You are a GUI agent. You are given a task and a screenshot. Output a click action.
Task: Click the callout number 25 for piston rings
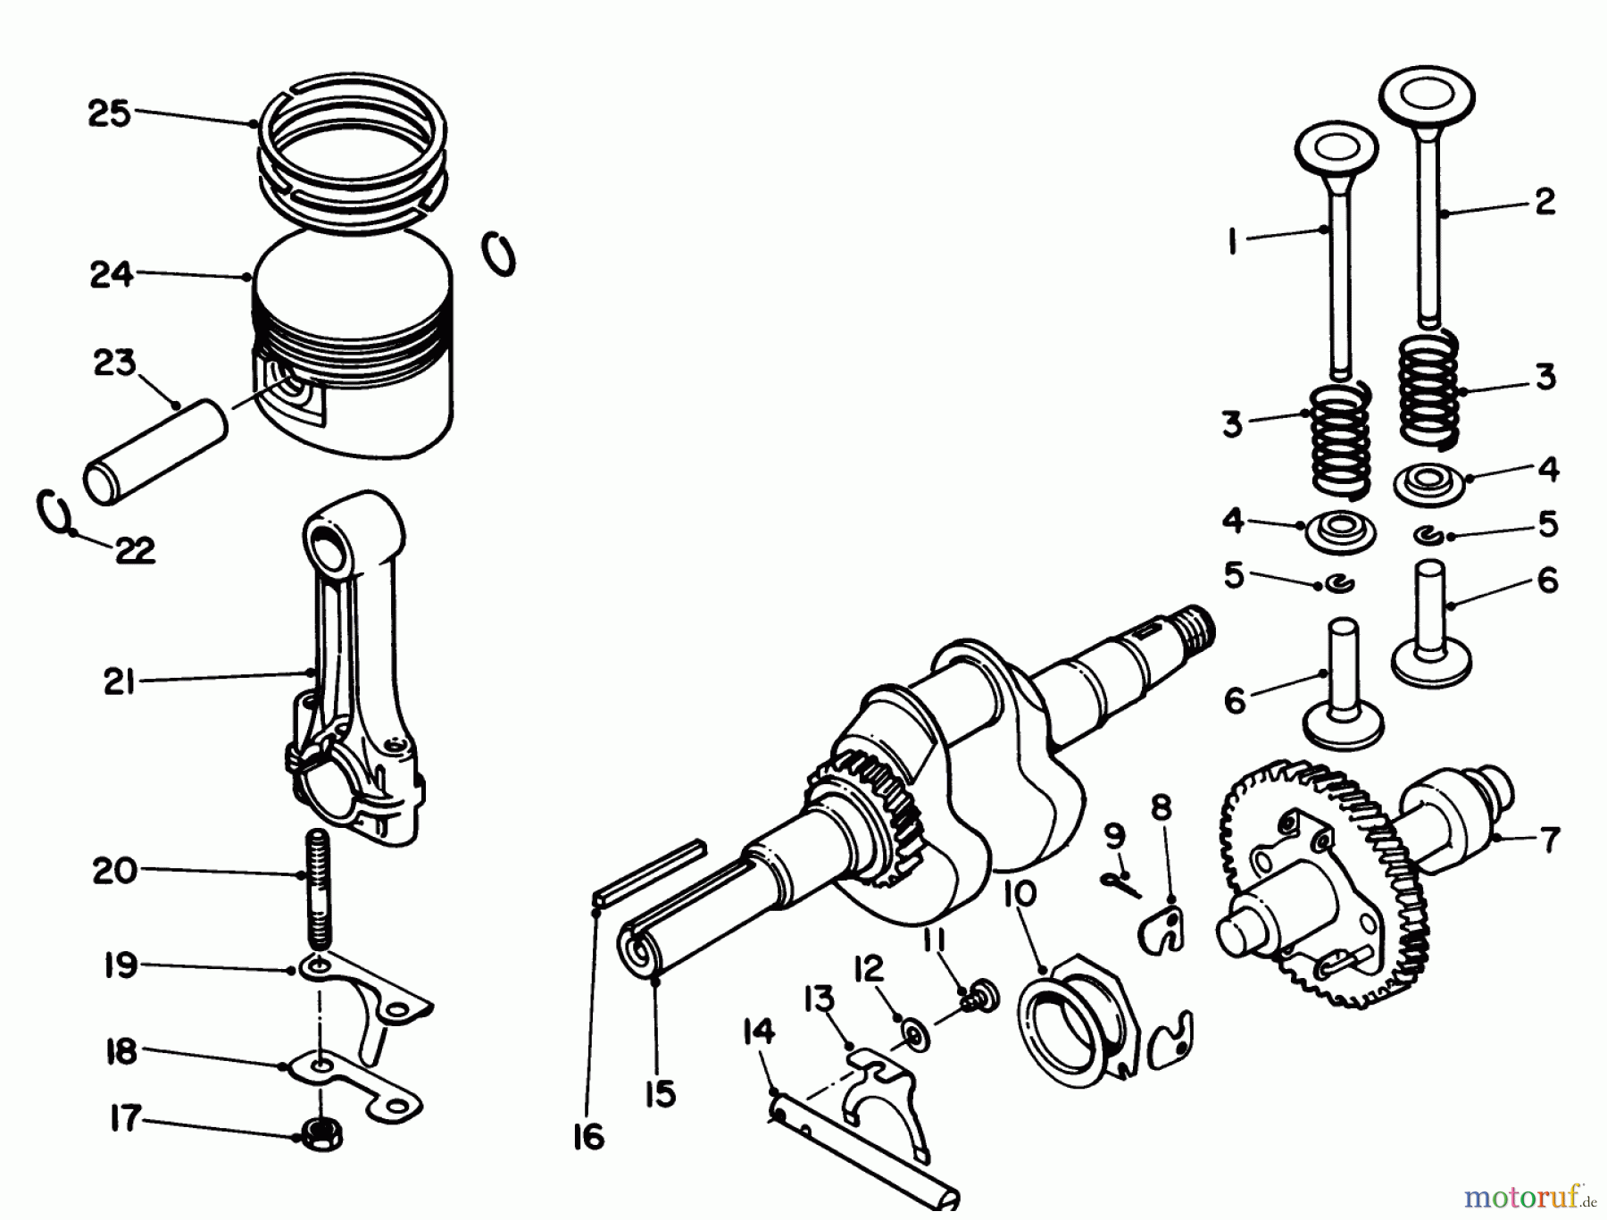109,114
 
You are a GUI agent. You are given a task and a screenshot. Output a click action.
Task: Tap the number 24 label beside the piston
111,273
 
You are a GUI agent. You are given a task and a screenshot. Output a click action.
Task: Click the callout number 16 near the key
589,1137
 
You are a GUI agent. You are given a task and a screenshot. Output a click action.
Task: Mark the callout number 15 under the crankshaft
660,1093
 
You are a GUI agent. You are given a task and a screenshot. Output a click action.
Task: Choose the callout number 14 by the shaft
758,1032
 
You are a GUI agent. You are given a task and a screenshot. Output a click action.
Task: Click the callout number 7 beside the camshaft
1549,840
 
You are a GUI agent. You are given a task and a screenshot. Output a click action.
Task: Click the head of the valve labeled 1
1334,146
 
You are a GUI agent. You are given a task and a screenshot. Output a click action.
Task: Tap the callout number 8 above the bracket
1160,807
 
